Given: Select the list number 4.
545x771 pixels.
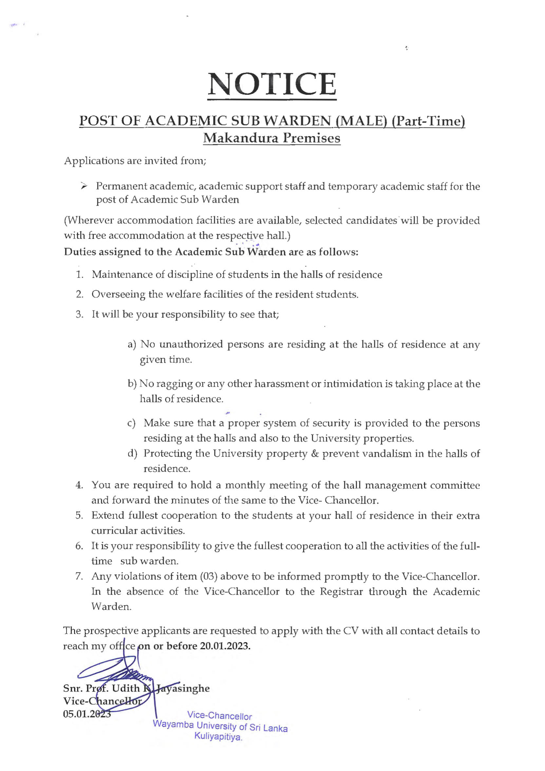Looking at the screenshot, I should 79,485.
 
